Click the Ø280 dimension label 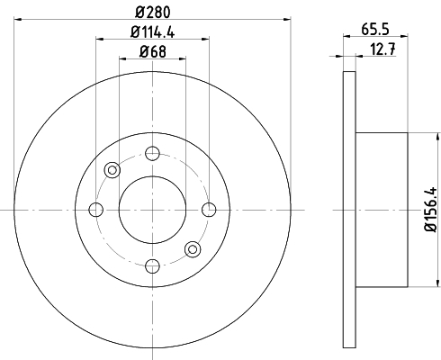(153, 12)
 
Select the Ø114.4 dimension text (153, 31)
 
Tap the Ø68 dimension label (153, 51)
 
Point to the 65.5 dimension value (375, 30)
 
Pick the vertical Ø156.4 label (431, 210)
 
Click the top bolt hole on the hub (152, 153)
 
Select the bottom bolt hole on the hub (152, 266)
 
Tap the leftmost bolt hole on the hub (96, 210)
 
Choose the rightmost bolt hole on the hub (209, 210)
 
